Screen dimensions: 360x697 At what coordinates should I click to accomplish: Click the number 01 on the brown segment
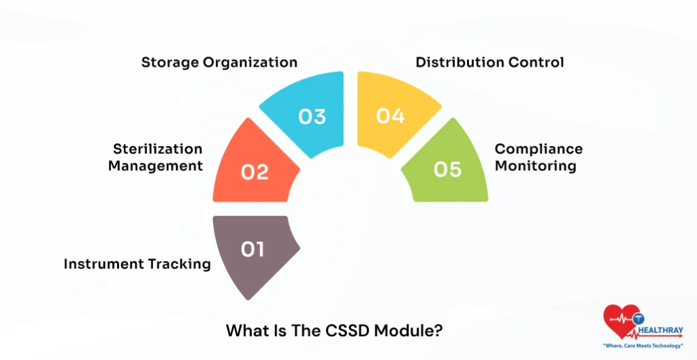click(x=253, y=250)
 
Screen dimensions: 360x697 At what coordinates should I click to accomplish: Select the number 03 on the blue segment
click(x=312, y=116)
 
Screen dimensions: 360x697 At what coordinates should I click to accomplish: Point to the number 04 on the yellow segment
click(x=390, y=116)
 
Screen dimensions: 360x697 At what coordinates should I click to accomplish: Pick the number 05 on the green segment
click(x=447, y=169)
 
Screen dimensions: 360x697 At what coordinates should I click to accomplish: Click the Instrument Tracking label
click(x=137, y=264)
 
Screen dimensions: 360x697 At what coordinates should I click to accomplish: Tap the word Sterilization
click(x=158, y=149)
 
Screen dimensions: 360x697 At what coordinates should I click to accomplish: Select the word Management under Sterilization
click(x=155, y=165)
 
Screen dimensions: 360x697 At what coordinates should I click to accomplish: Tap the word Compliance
click(x=538, y=149)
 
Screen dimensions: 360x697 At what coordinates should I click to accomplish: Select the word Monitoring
click(x=535, y=165)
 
